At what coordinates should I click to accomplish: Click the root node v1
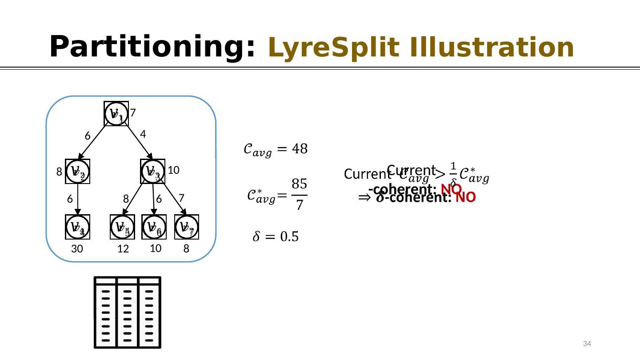116,113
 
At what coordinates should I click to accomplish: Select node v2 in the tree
78,171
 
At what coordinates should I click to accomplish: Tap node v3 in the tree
153,171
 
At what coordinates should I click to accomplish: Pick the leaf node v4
78,227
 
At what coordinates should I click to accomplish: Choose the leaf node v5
122,227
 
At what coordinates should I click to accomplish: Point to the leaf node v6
154,227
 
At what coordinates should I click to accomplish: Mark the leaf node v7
187,227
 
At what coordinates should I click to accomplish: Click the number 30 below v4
77,250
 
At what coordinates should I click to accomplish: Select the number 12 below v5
123,250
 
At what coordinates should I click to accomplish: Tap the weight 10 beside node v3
173,170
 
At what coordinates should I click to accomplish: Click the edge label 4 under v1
143,134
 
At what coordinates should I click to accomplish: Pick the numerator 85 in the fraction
299,184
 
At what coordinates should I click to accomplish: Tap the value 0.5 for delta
288,237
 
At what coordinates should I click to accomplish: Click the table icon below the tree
128,312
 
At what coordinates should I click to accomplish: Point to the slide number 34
587,344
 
